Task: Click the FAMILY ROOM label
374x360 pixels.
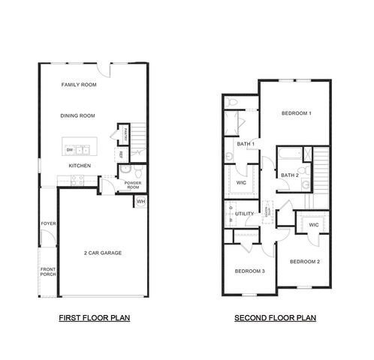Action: [79, 85]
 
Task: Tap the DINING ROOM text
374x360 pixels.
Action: [79, 115]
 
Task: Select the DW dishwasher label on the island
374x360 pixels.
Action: [69, 150]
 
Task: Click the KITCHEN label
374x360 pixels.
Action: [80, 166]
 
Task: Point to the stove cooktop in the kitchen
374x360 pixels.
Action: [76, 179]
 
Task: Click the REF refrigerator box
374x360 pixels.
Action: [120, 154]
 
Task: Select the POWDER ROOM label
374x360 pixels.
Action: [133, 184]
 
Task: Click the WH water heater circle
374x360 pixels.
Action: [140, 202]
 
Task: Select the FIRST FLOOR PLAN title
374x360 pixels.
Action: [95, 318]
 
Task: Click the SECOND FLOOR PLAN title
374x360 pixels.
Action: [275, 318]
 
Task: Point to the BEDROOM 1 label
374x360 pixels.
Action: [296, 113]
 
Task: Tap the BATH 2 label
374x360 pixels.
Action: [289, 175]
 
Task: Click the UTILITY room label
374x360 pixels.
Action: [244, 214]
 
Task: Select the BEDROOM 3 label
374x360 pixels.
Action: [249, 271]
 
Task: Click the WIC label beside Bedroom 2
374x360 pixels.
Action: [313, 224]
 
